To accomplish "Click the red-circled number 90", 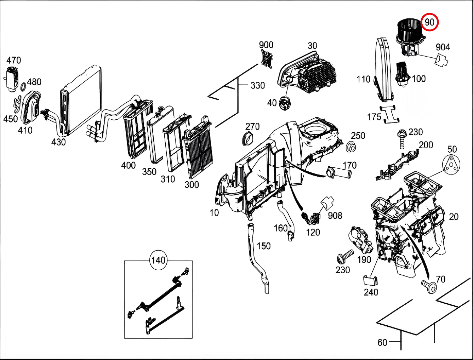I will point(429,22).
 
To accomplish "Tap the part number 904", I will point(443,47).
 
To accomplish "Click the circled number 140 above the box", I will point(158,261).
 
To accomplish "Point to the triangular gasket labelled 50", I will point(451,165).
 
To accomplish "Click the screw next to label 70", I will point(429,286).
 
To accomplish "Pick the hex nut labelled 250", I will point(351,146).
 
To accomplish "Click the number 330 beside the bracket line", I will point(257,86).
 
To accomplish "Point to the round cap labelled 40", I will point(285,103).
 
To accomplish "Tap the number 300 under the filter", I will point(192,184).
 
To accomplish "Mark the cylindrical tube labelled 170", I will point(339,173).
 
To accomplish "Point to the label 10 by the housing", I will point(214,213).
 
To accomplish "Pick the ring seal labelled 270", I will point(248,138).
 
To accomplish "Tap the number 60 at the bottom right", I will point(382,342).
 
